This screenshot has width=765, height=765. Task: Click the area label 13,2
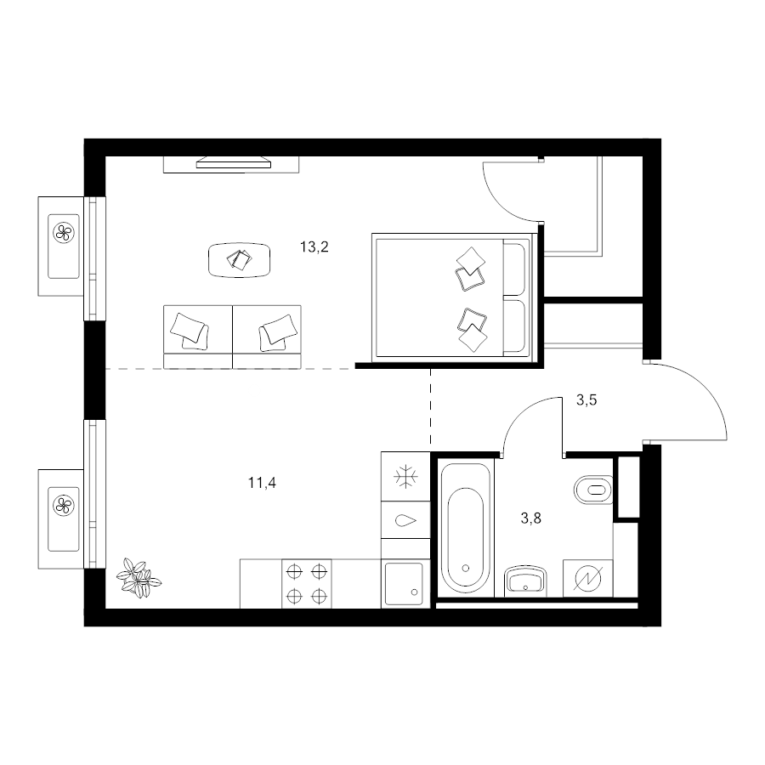click(314, 246)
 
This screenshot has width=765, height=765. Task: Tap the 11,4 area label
click(262, 483)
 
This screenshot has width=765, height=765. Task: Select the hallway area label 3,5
click(586, 400)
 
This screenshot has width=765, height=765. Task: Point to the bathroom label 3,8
click(530, 518)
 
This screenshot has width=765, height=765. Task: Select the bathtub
click(466, 528)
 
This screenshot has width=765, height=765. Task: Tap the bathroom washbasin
click(525, 581)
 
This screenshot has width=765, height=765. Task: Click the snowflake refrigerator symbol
click(405, 477)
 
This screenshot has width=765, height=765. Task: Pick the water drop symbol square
click(405, 520)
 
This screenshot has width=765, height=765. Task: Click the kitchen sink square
click(404, 583)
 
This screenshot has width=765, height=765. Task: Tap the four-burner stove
click(307, 583)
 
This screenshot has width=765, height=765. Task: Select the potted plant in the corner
click(139, 579)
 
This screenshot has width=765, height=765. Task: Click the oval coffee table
click(239, 260)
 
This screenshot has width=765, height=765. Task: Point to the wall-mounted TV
click(233, 162)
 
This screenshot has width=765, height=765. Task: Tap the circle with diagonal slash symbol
click(588, 578)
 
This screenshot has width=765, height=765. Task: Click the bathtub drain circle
click(466, 568)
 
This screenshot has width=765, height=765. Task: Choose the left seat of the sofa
click(197, 337)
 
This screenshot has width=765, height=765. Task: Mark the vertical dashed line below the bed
click(430, 406)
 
